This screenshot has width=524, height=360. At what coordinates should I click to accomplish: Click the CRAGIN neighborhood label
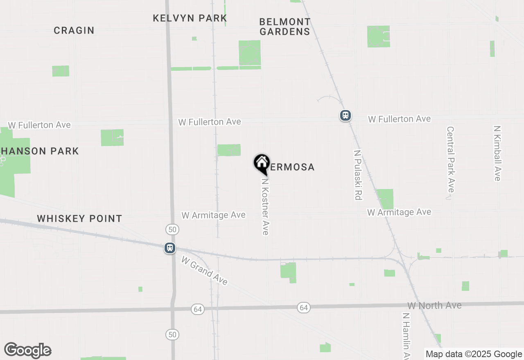[x=74, y=30]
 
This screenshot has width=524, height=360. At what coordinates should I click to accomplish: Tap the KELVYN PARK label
[x=190, y=18]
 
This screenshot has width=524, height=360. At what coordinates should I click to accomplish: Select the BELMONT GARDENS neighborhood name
[x=285, y=27]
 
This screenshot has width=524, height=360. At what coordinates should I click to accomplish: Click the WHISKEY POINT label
[x=79, y=218]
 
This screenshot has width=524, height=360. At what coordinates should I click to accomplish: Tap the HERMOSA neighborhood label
[x=291, y=167]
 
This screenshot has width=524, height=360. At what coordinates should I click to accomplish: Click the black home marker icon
[x=262, y=163]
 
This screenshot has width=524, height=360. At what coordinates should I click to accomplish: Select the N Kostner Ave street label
[x=265, y=206]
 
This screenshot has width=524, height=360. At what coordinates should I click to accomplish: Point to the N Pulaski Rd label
[x=358, y=175]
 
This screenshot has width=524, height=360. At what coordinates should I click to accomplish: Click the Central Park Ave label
[x=450, y=159]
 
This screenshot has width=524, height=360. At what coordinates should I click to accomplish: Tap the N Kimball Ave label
[x=497, y=153]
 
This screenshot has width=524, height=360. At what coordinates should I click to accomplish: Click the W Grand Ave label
[x=204, y=270]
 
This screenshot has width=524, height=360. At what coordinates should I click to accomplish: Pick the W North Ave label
[x=434, y=305]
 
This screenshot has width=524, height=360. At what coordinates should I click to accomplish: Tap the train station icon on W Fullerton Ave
[x=346, y=115]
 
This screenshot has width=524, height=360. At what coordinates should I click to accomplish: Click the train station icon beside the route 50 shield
[x=170, y=248]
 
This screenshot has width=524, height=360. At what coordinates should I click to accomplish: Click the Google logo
[x=27, y=350]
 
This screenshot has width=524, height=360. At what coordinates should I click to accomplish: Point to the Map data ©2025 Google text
[x=474, y=354]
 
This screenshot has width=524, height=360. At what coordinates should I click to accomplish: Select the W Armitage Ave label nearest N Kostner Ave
[x=214, y=215]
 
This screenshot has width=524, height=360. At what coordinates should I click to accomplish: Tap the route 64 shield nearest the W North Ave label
[x=303, y=307]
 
